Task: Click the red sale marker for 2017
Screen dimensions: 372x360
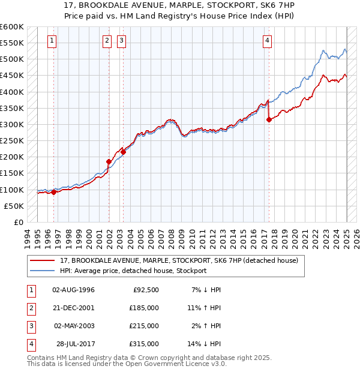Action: point(269,120)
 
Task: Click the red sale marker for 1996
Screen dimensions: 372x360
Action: point(53,192)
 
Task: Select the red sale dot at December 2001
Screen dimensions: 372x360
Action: point(109,161)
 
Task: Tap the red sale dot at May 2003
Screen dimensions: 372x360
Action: point(123,152)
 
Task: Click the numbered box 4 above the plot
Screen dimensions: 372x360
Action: point(266,41)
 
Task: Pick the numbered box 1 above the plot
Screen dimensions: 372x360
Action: point(52,41)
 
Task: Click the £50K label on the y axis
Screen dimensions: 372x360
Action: point(14,206)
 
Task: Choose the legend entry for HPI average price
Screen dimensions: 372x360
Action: point(133,271)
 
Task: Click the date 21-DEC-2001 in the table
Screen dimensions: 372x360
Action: point(73,308)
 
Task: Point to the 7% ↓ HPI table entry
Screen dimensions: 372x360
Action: point(206,290)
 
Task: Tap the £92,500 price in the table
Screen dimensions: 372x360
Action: point(145,290)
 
